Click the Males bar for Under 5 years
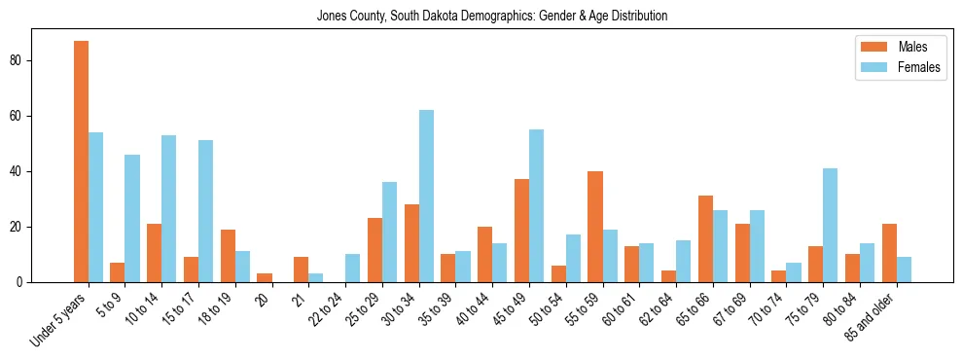[x=81, y=162]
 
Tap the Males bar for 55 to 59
[x=595, y=227]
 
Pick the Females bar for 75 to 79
[x=830, y=225]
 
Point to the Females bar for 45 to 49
[x=536, y=205]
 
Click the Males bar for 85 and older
[x=889, y=253]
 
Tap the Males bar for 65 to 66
[x=705, y=239]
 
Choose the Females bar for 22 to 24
[x=352, y=269]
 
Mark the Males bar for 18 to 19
[x=228, y=256]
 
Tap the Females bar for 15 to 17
[x=205, y=211]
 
